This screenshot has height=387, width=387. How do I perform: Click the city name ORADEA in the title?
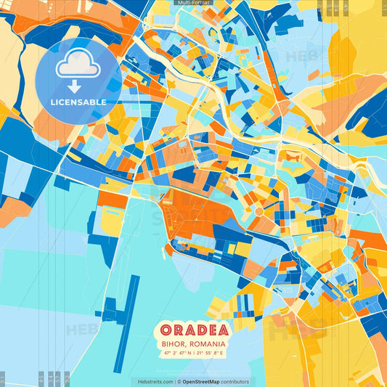(193, 330)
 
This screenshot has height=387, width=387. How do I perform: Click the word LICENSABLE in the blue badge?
(78, 102)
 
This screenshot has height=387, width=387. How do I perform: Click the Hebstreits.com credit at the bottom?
(152, 381)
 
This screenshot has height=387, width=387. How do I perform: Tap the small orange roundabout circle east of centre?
(258, 211)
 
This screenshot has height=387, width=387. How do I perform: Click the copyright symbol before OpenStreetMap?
(179, 381)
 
